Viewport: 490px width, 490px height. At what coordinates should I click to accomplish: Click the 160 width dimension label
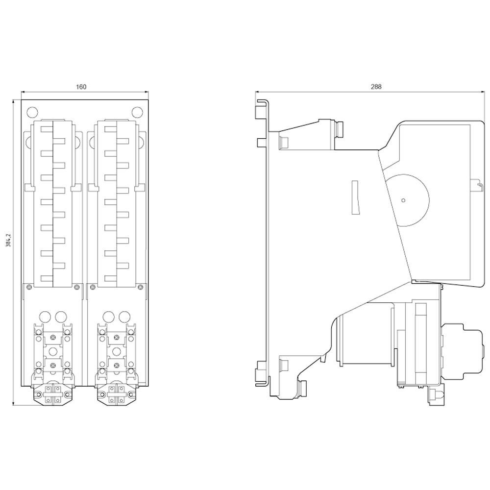[x=81, y=87]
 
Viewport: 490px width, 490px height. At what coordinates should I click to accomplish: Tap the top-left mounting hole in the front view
[x=31, y=112]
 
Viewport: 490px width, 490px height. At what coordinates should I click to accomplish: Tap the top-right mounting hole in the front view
[x=137, y=112]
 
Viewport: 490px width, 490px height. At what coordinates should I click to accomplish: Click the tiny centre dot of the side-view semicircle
[x=403, y=200]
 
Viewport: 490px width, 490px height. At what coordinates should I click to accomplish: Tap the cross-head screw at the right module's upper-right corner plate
[x=140, y=287]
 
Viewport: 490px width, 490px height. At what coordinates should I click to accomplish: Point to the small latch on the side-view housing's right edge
[x=474, y=185]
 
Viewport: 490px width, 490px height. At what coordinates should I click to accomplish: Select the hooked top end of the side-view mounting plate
[x=262, y=102]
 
